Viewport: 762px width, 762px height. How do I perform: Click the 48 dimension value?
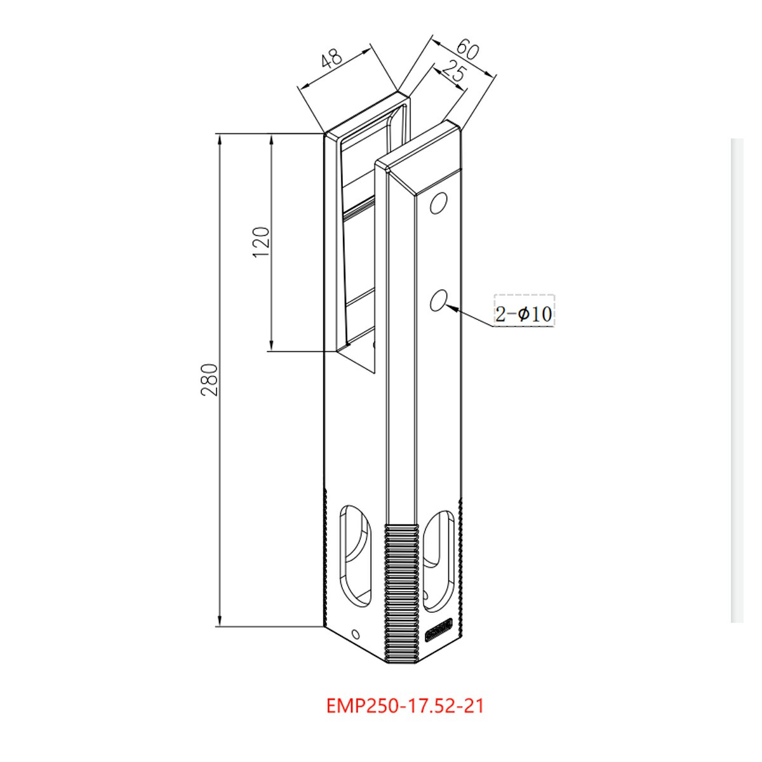tap(331, 60)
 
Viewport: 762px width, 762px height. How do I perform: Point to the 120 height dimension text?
tap(262, 241)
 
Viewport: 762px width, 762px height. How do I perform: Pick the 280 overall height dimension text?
tap(210, 380)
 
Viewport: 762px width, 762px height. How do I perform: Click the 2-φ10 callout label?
tap(524, 312)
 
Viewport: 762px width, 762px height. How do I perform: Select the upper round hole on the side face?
tap(438, 203)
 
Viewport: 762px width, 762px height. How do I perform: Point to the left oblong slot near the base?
tap(356, 556)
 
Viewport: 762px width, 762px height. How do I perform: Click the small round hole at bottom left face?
tap(355, 634)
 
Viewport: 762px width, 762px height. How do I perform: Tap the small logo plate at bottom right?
tap(438, 631)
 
